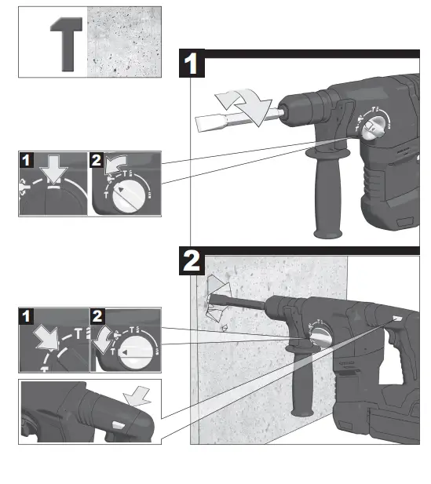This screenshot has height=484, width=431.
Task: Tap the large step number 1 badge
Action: point(193,63)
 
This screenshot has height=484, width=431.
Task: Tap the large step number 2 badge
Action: point(193,261)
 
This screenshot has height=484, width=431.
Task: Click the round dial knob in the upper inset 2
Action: point(128,195)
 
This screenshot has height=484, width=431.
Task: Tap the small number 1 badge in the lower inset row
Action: point(27,317)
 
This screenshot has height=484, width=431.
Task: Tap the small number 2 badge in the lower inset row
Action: point(98,317)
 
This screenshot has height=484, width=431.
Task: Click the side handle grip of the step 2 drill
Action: point(301,384)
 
